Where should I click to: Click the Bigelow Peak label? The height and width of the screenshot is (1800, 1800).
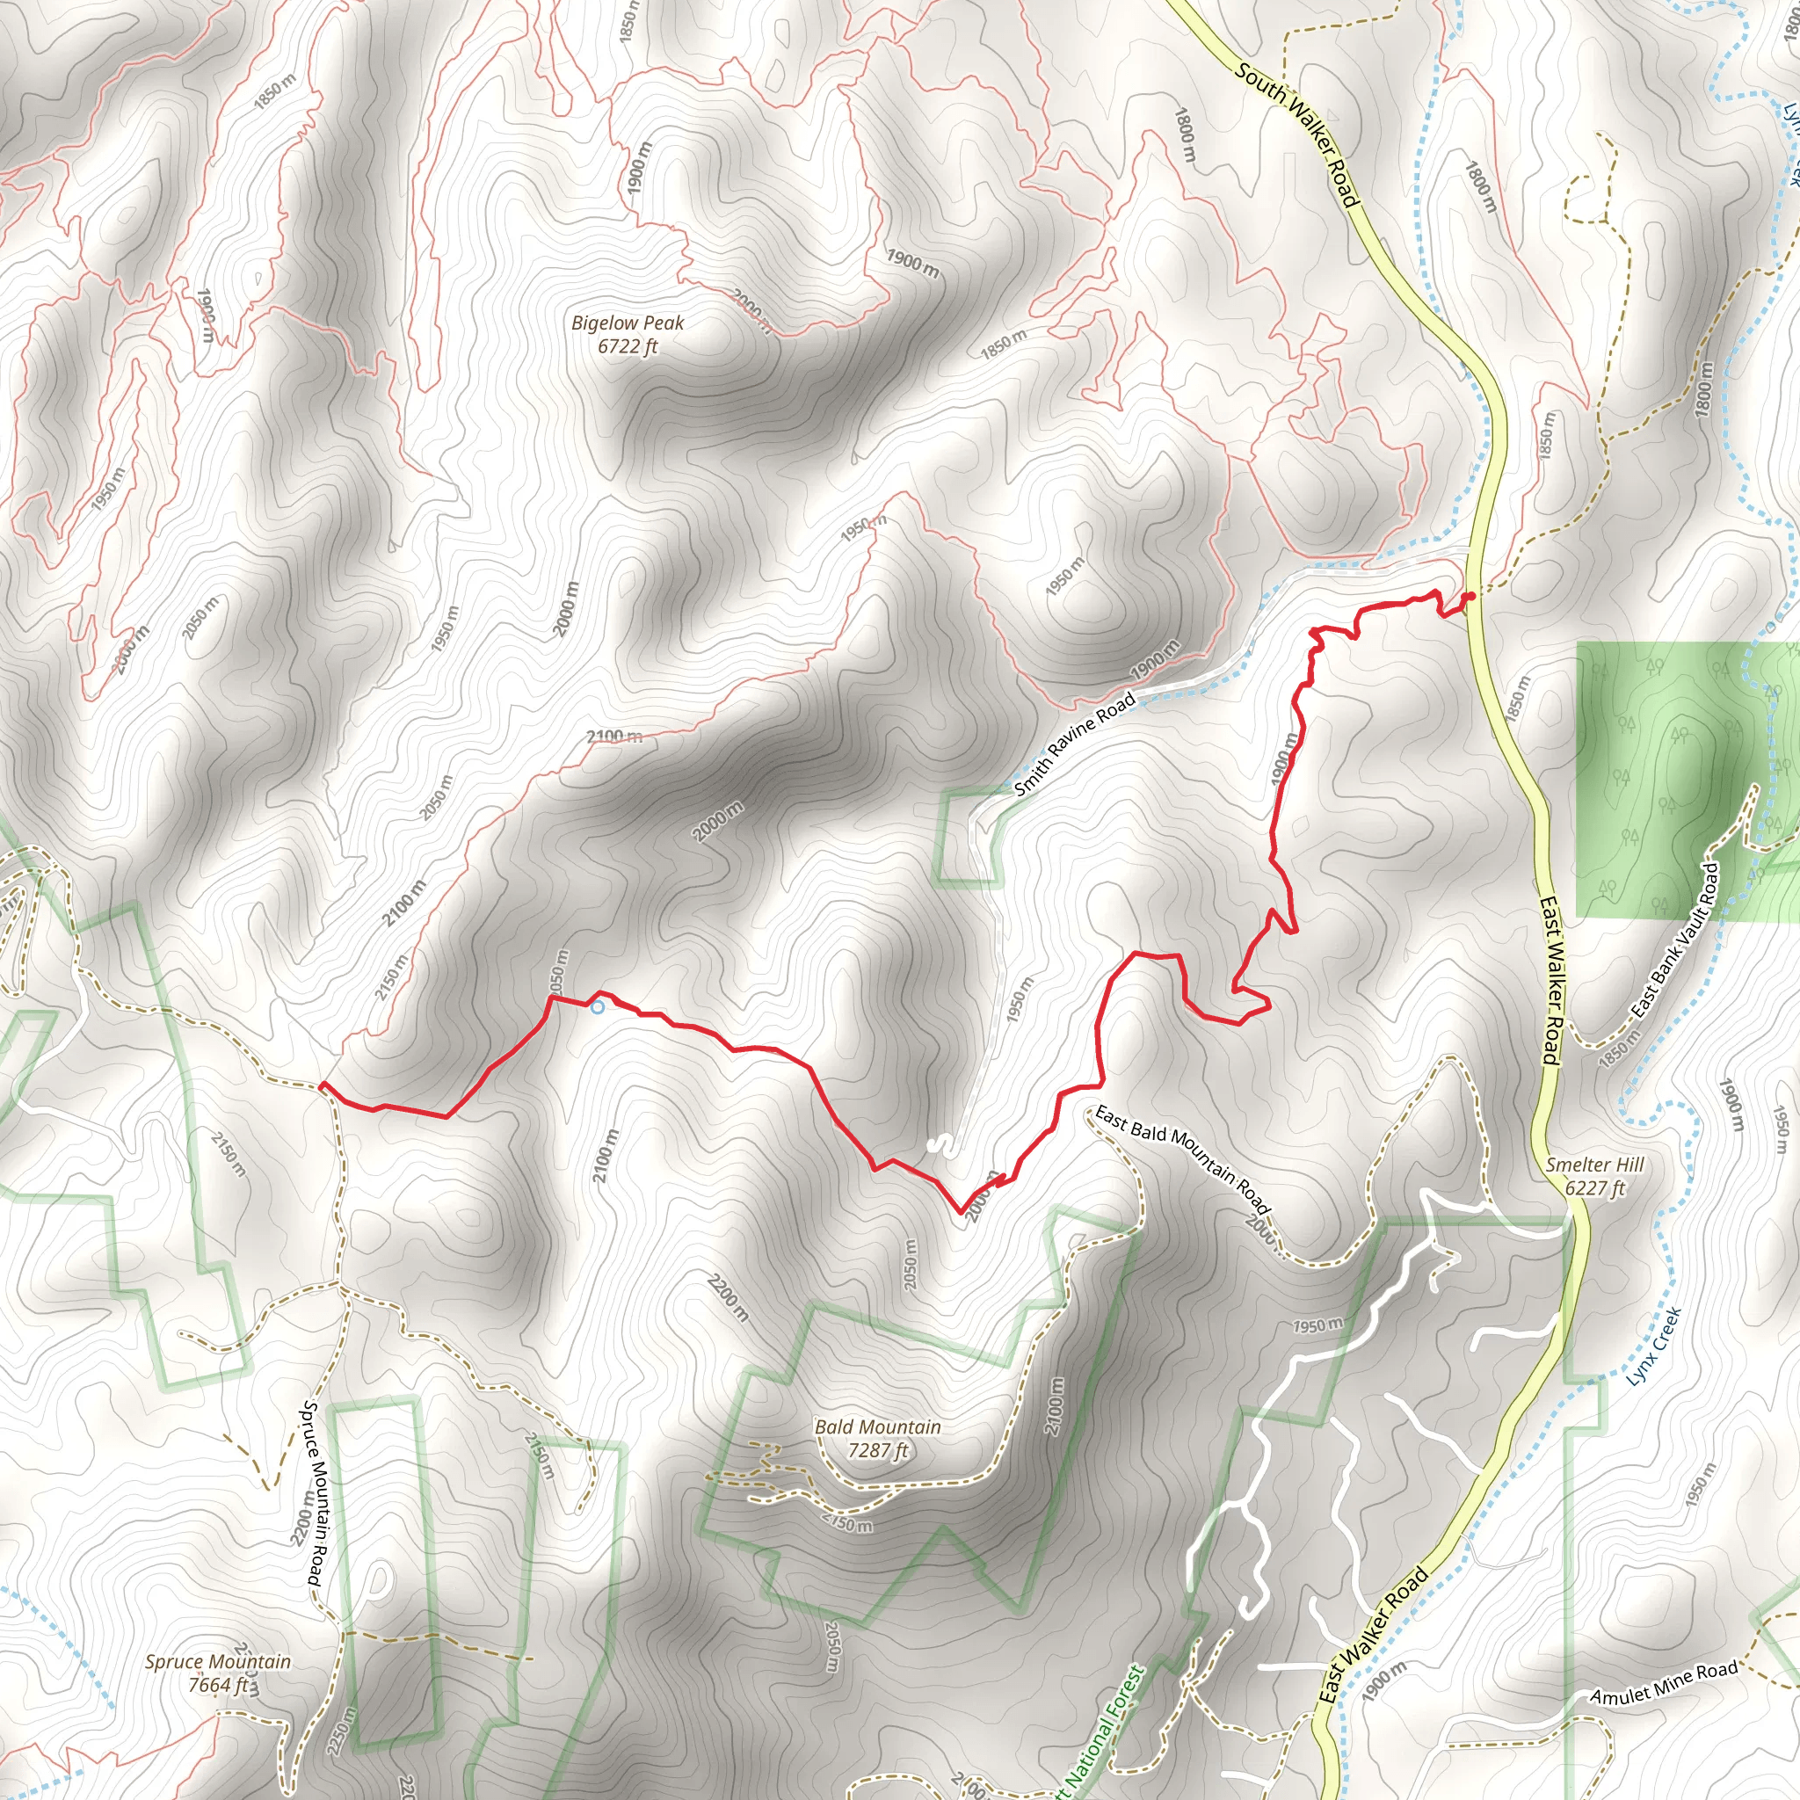[627, 323]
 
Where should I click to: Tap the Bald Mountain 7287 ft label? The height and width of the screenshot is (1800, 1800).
[876, 1439]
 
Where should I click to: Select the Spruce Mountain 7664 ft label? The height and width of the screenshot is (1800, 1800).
[217, 1673]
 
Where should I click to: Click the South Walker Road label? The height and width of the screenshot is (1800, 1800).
[1298, 134]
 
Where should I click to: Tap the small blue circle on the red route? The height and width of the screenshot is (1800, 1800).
[597, 1007]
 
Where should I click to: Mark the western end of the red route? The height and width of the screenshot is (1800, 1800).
[322, 1085]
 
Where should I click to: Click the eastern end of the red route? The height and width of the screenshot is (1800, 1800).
[1471, 595]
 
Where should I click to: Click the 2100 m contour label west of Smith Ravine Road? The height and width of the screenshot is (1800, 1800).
[614, 737]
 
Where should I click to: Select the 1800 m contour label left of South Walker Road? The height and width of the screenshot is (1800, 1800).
[1185, 136]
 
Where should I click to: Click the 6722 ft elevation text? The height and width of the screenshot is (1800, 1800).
[627, 346]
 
